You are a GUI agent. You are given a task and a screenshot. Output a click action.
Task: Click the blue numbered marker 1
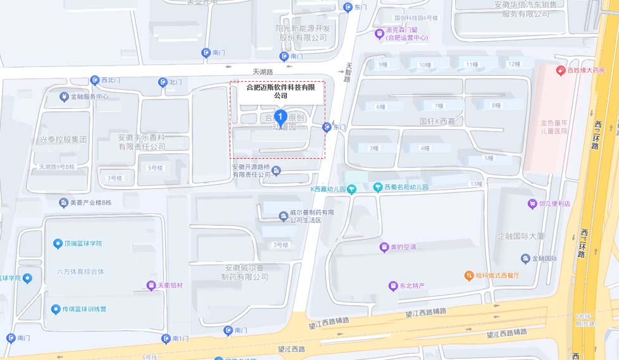click(x=280, y=117)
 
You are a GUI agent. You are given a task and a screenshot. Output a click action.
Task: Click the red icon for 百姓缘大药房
click(x=560, y=70)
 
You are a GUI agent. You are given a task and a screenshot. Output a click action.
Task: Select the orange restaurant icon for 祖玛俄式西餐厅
click(x=469, y=275)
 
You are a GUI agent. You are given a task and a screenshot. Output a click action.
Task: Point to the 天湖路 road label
click(x=263, y=72)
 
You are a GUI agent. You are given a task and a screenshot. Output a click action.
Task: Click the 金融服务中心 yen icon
click(x=63, y=97)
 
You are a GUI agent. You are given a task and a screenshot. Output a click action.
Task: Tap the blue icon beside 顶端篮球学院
click(x=58, y=244)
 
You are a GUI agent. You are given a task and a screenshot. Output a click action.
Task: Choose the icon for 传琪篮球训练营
click(x=55, y=309)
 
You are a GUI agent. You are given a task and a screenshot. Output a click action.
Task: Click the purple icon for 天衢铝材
click(x=151, y=285)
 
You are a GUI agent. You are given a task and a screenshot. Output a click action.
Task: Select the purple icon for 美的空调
click(x=383, y=247)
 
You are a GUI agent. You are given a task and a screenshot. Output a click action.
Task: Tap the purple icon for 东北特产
click(x=392, y=286)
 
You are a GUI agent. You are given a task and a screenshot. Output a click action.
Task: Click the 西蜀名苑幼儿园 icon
click(x=378, y=187)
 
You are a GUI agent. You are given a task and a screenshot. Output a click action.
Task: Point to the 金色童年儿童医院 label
click(x=554, y=127)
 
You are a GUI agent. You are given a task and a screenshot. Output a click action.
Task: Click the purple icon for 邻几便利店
click(x=532, y=204)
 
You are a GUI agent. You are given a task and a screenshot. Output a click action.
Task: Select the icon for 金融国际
click(x=525, y=258)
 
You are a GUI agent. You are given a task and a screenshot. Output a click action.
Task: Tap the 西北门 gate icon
click(x=94, y=80)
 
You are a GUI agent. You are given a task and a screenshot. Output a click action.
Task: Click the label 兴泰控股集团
click(x=63, y=139)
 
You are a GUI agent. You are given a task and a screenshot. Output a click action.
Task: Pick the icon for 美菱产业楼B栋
click(x=63, y=202)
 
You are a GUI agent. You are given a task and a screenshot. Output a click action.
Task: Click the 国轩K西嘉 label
click(x=437, y=120)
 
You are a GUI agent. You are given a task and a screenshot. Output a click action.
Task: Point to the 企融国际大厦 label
click(x=520, y=236)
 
